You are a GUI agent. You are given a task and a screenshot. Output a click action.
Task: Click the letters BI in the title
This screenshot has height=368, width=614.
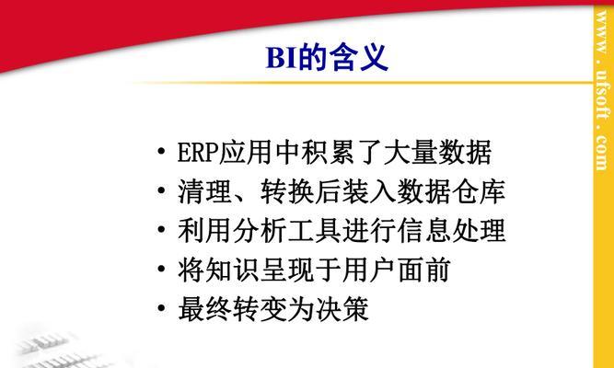pos(281,58)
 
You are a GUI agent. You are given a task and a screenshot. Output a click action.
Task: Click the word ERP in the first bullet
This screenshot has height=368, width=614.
pos(198,153)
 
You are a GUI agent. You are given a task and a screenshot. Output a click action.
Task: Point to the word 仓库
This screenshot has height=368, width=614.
pos(479,191)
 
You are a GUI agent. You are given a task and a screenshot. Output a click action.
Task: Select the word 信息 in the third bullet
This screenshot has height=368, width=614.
pos(423,230)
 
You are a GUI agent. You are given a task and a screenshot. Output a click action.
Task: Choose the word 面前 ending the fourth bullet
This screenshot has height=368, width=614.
pos(423,270)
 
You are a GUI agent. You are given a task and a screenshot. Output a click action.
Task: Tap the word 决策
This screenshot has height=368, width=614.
pos(342,309)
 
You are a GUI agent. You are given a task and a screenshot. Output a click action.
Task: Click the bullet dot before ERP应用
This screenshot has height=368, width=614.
pos(161,151)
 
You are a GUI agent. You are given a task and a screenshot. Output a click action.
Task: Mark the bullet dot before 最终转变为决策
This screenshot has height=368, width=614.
pos(161,307)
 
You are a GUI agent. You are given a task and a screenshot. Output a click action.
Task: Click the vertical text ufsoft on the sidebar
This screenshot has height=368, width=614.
pos(602,94)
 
